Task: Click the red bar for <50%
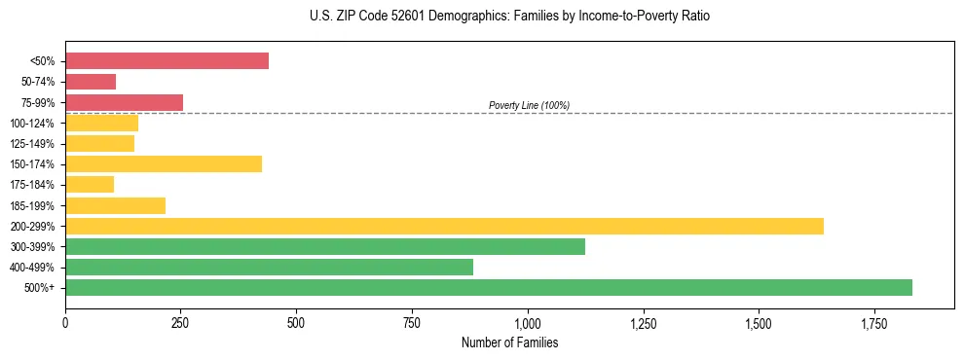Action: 167,61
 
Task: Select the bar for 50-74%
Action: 91,82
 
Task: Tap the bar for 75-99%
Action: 124,102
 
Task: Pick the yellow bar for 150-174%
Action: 164,163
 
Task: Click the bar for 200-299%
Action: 444,226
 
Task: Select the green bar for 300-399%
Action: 325,246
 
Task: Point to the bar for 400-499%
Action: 269,267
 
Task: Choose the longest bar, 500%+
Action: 489,287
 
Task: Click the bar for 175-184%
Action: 90,184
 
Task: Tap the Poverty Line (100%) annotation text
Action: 529,105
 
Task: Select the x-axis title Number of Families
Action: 509,342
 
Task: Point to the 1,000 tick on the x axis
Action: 527,322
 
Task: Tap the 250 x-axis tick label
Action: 180,322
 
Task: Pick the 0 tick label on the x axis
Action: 65,322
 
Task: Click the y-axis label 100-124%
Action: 33,124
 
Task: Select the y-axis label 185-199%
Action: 33,205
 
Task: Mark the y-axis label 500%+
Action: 40,288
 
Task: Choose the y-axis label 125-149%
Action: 33,144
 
